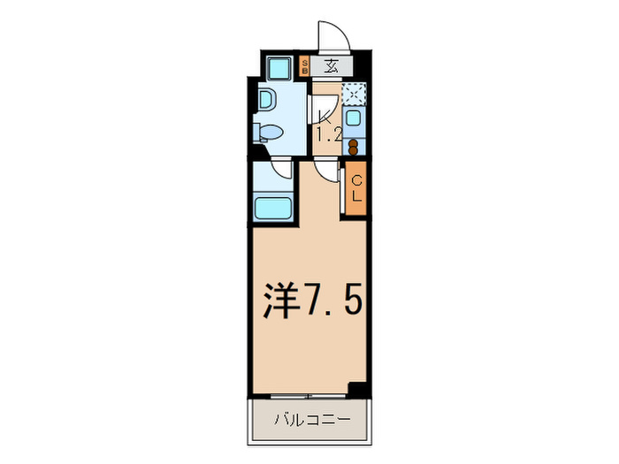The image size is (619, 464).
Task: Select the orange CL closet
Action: click(356, 188)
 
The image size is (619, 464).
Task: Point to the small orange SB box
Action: click(305, 65)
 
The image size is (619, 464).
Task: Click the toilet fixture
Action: click(268, 133)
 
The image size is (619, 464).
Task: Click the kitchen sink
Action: click(354, 118)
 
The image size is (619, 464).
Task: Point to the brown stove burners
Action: click(354, 146)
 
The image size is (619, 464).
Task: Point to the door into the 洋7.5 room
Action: click(329, 171)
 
